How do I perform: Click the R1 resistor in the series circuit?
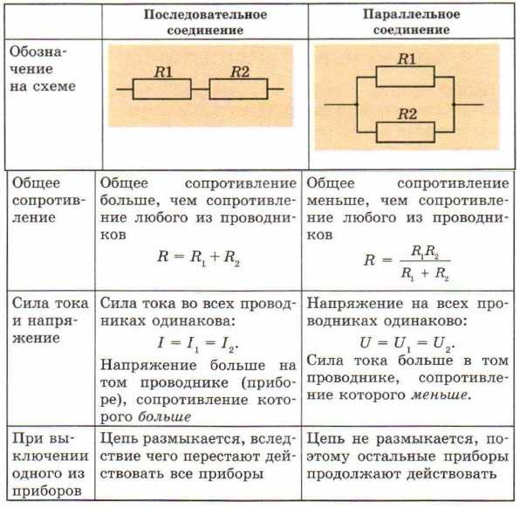click(161, 89)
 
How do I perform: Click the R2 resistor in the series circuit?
click(238, 89)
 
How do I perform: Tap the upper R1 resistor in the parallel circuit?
click(405, 76)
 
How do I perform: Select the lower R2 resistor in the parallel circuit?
click(405, 132)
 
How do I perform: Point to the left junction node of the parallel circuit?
click(357, 105)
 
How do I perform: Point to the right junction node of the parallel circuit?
click(454, 105)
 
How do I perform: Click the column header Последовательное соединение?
click(205, 22)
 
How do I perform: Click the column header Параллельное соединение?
click(412, 22)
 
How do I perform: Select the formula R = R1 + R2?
click(198, 257)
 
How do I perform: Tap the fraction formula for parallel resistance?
click(407, 263)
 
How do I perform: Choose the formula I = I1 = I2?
click(198, 344)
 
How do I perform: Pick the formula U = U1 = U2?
click(407, 344)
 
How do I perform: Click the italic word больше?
click(165, 416)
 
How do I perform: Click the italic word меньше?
click(440, 395)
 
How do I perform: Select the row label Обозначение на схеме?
click(43, 69)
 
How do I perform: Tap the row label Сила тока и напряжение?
click(51, 320)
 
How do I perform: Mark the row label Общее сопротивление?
click(49, 201)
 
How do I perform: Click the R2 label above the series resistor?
click(240, 72)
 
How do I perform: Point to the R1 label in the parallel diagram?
click(407, 58)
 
